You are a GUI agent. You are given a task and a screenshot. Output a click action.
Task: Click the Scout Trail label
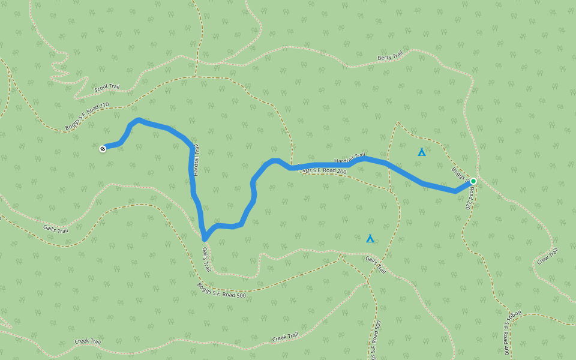pos(107,87)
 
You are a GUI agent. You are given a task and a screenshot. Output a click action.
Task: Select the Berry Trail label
pos(389,57)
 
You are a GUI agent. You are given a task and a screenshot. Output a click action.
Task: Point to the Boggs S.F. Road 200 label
pos(322,171)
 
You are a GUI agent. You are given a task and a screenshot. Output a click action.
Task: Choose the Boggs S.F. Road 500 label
pos(221,290)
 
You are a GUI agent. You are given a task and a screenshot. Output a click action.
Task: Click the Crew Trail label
pos(547,257)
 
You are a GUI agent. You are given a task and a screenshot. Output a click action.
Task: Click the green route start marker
pos(473,181)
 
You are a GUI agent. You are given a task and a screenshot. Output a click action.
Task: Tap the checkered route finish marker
pos(103,148)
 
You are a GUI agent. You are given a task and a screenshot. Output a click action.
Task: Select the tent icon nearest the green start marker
pos(422,152)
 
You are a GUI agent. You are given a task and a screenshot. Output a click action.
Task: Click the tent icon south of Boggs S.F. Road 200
pos(370,239)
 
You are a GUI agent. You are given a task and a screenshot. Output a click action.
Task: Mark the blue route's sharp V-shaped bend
pos(205,238)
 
